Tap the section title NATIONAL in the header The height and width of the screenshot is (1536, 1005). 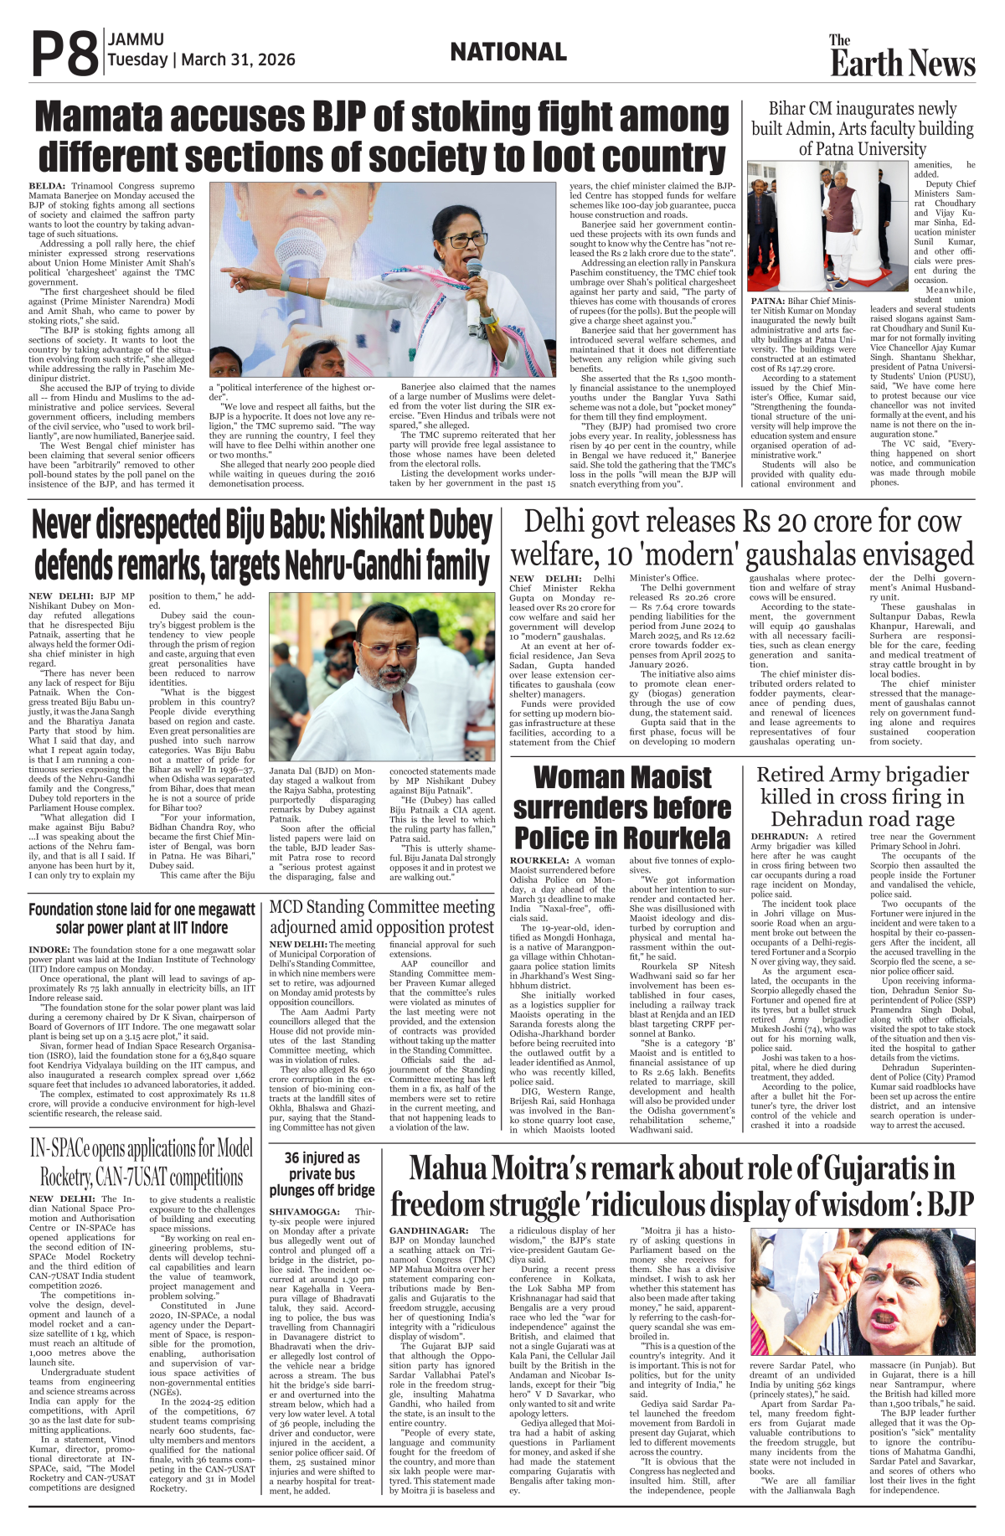point(508,53)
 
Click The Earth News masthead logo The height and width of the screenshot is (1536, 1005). point(902,57)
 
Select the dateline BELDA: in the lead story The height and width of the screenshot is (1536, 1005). point(47,185)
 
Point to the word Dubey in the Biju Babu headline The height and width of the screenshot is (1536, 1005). point(455,526)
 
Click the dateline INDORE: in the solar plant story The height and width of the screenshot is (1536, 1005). point(49,951)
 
